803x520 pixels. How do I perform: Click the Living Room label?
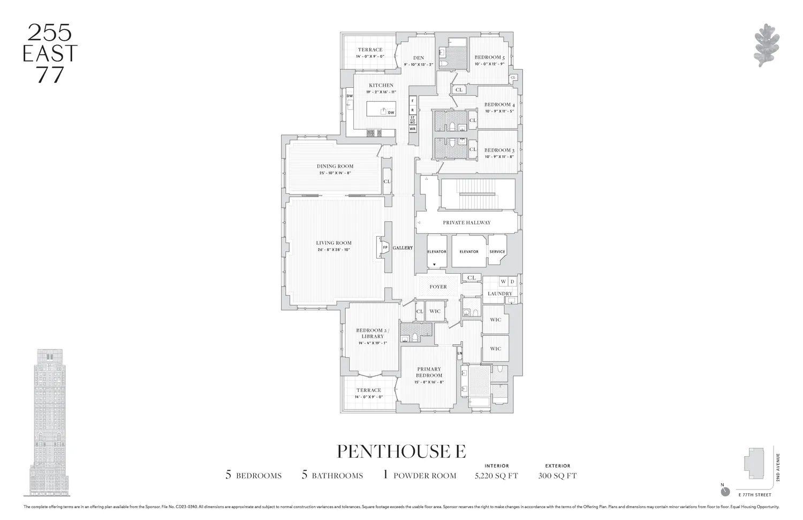pos(334,243)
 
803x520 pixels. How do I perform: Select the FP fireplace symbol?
pos(384,247)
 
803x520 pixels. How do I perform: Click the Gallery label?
pos(403,248)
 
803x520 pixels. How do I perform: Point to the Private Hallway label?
pos(466,222)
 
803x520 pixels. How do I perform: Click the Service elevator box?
pos(497,251)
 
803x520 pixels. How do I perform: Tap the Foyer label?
pos(438,287)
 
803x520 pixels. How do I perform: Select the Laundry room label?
pos(499,293)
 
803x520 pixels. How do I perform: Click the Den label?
pos(418,58)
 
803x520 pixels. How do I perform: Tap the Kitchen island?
pos(381,109)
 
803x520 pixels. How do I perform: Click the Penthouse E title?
pos(401,451)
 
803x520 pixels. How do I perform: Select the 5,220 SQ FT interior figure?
pos(496,476)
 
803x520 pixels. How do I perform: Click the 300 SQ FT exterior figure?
pos(557,476)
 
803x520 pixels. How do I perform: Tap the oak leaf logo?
pos(766,46)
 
